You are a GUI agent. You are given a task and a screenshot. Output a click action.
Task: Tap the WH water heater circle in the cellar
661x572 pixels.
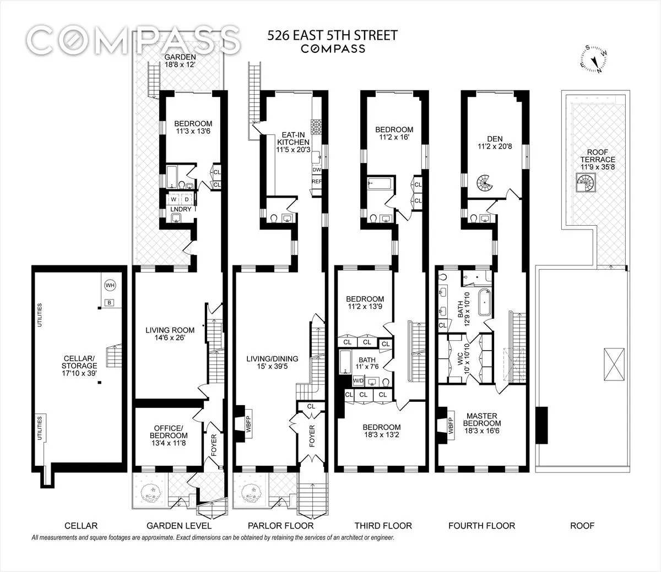[110, 285]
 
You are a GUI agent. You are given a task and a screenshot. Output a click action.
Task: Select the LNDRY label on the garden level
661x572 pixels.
[181, 209]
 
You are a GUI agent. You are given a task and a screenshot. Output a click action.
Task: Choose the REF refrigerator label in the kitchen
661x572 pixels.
[317, 181]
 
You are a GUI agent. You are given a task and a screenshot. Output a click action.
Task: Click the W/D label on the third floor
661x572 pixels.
[358, 380]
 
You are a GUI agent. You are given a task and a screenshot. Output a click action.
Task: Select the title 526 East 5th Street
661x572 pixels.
[332, 36]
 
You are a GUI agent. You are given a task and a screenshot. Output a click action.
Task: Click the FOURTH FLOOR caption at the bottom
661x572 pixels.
[481, 526]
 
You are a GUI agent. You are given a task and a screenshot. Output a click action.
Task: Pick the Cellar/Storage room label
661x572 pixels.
[79, 366]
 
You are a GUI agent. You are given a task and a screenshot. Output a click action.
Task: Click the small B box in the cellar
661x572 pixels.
[110, 303]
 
